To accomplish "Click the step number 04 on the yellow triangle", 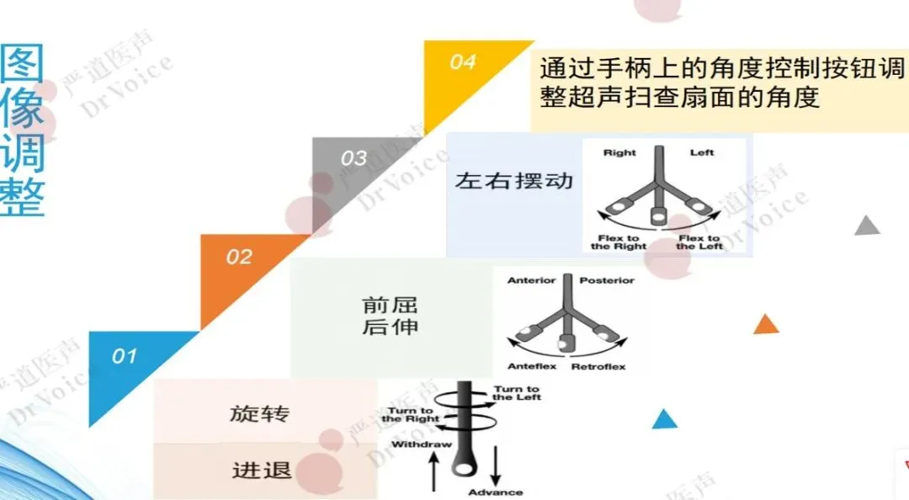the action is coord(462,61).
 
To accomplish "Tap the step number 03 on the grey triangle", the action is coord(354,157).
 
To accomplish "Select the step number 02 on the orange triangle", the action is coord(239,257).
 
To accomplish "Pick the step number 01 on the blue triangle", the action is coord(125,356).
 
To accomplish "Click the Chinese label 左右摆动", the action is coord(513,180).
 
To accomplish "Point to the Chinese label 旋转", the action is coord(259,414).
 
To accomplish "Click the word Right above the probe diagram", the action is coord(620,152).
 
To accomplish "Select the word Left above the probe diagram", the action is coord(702,152).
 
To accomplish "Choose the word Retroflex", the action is coord(598,367).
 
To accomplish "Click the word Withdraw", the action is coord(423,444).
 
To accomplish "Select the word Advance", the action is coord(496,492).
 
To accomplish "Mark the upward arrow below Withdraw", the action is coord(434,471).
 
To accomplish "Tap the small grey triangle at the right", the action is coord(867,226).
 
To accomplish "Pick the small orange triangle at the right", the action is coord(766,324).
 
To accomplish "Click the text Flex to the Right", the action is coord(619,242).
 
